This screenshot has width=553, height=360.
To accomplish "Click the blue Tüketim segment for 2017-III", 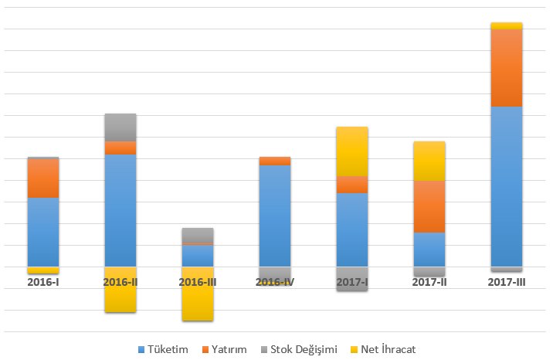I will [507, 186].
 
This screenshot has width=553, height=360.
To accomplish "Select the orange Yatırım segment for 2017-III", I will [507, 67].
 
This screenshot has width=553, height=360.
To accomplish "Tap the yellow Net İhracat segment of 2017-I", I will [352, 151].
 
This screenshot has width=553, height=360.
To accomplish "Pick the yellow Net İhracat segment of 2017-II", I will [429, 161].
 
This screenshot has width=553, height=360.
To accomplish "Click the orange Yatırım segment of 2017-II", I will [429, 206].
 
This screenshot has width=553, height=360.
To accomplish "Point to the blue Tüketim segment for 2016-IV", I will [275, 216].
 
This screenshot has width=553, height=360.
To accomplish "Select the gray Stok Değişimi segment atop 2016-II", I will [120, 127].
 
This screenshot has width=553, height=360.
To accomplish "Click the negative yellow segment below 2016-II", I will [120, 290].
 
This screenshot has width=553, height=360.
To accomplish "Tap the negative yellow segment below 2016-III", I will [198, 294].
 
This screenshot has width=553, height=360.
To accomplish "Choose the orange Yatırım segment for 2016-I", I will [43, 178].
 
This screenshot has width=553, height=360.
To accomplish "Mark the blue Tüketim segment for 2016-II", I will [120, 210].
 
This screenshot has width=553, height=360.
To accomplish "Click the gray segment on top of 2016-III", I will [198, 235].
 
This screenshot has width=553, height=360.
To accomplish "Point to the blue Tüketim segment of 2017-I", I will [352, 229].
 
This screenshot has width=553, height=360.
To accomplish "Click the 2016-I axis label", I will [43, 283].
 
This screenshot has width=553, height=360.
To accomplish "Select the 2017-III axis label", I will [507, 283].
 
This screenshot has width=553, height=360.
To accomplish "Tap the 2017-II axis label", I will [429, 283].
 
